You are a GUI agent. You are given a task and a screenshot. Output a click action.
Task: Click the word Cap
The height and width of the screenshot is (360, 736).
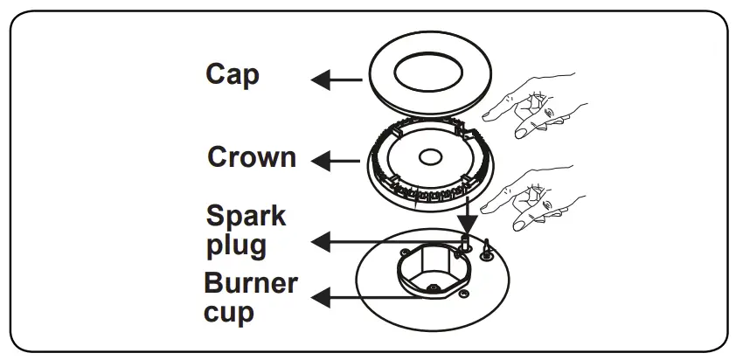pos(233,74)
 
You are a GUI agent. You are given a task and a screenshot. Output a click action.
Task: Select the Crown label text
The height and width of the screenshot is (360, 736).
pos(252,157)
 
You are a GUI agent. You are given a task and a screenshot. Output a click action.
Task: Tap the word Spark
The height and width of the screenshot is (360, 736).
pos(246,216)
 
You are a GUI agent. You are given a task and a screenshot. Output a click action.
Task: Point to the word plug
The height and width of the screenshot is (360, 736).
pos(236,245)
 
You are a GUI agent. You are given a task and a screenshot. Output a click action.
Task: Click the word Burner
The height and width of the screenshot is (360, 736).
pos(251,284)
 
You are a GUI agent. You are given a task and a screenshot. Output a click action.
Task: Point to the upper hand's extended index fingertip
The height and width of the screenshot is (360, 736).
pos(487,111)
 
